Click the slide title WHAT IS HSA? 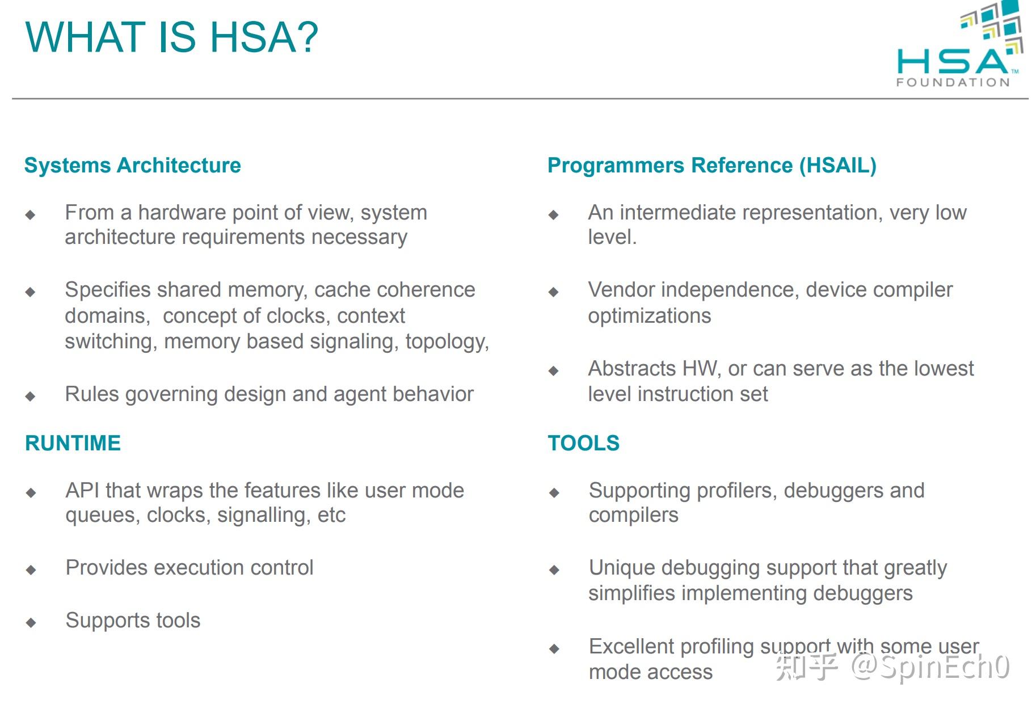tap(172, 37)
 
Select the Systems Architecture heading tap(133, 166)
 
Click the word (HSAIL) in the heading tap(838, 166)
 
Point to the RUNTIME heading tap(73, 443)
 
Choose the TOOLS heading tap(584, 443)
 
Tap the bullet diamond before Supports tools tap(31, 623)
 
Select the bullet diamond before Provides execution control tap(31, 570)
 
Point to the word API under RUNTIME tap(82, 491)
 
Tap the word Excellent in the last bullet tap(631, 647)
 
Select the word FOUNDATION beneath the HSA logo tap(953, 82)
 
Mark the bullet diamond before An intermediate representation tap(554, 215)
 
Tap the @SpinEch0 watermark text tap(930, 667)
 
